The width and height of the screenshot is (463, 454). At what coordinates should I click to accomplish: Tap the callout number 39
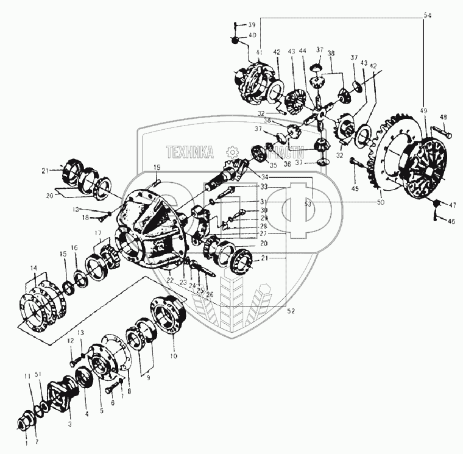coord(252,24)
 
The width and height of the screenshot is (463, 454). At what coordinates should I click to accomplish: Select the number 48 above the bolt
coord(443,118)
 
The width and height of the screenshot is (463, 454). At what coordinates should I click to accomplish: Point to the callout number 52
coord(291,311)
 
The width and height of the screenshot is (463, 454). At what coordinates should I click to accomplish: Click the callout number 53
coord(308,204)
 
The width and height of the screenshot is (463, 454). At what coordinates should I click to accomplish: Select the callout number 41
coord(259,53)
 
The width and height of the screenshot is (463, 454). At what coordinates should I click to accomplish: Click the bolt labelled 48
coord(440,131)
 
